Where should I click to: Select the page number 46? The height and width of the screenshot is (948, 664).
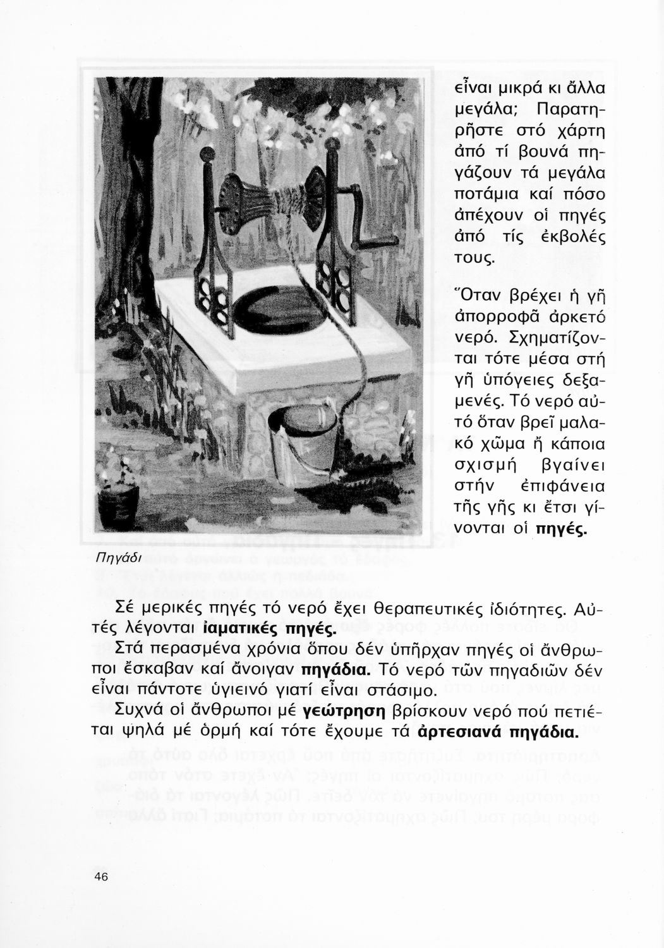point(101,876)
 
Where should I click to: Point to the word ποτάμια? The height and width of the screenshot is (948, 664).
point(490,193)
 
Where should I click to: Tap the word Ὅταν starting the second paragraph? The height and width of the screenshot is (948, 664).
point(482,294)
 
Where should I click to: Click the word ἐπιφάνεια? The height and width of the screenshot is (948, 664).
point(569,487)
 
